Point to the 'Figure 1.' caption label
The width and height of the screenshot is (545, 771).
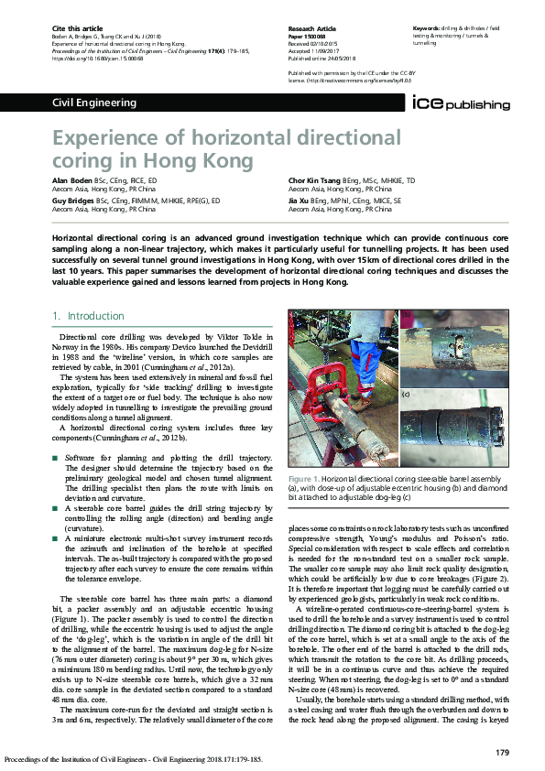tap(303, 479)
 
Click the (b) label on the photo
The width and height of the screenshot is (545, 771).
tap(406, 314)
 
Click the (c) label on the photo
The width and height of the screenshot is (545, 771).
tap(406, 395)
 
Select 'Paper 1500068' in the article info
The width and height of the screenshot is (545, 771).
tap(310, 37)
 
